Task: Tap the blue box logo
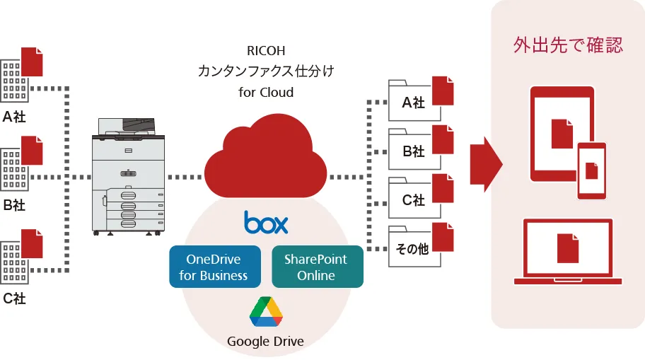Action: (266, 222)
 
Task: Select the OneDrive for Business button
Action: (214, 267)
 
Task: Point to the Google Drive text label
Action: (265, 342)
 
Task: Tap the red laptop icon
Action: (567, 252)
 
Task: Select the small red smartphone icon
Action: (592, 170)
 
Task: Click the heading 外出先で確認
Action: (568, 46)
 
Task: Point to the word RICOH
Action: (266, 51)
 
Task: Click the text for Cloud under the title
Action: (266, 92)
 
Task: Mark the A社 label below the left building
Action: (14, 117)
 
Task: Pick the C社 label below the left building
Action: (14, 299)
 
